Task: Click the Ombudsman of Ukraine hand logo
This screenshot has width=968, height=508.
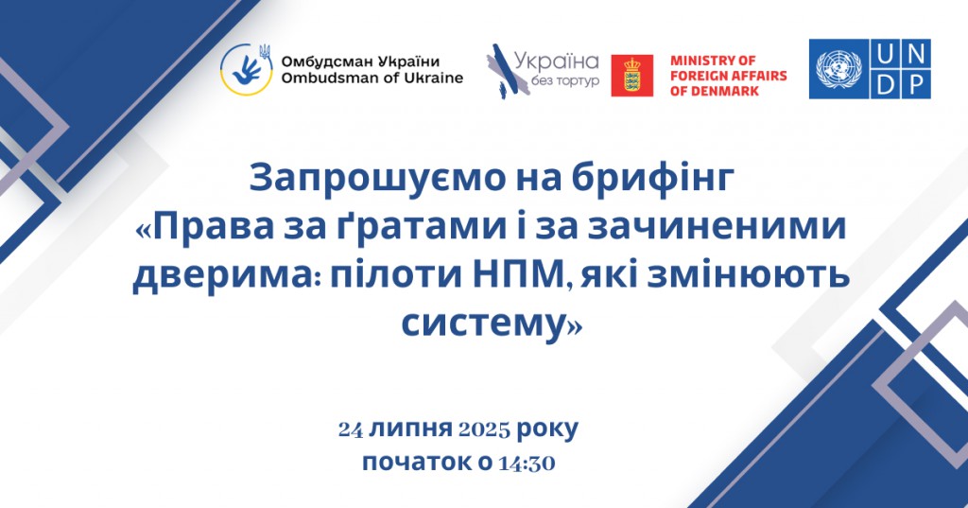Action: pos(247,69)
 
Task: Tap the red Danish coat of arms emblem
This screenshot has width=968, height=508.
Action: pos(631,76)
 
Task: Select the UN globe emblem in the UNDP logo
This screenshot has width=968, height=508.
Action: pos(838,69)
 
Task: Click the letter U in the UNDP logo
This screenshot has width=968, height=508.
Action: pos(885,54)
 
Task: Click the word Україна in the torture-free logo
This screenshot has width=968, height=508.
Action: pos(556,62)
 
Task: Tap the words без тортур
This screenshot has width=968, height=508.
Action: pos(565,81)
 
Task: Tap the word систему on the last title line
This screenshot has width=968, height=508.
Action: pos(483,323)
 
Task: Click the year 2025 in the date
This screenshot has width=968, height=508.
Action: pos(484,429)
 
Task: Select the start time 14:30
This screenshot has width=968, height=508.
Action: pos(527,463)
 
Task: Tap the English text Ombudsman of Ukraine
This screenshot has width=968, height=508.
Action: pos(372,78)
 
